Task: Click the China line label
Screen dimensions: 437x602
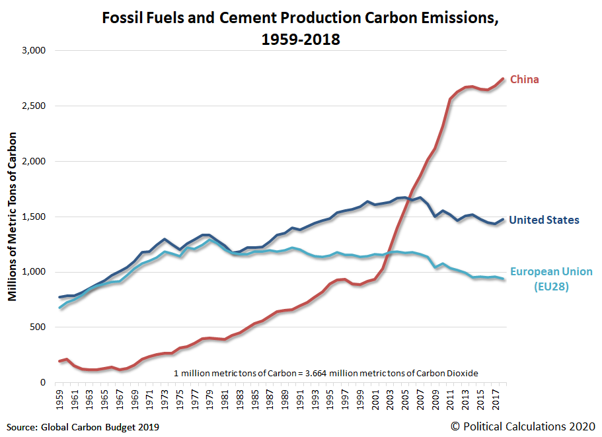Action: point(525,80)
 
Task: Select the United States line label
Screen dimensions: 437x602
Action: point(553,220)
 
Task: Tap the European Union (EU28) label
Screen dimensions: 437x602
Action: point(551,278)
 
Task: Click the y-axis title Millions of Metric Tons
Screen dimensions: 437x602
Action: point(12,217)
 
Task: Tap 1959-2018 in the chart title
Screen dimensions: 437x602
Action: point(301,40)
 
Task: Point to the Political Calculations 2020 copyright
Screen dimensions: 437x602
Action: point(523,426)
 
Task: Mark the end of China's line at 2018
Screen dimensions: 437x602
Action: point(504,79)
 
